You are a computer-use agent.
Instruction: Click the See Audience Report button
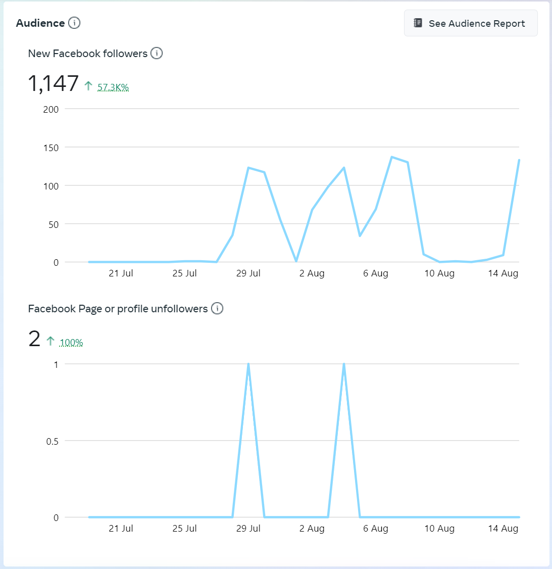(x=471, y=23)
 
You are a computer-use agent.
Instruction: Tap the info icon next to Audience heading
(x=74, y=23)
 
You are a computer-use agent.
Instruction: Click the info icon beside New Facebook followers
(x=157, y=53)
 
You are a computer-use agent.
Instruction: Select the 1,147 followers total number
(x=53, y=84)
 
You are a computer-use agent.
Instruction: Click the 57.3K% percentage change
(x=113, y=87)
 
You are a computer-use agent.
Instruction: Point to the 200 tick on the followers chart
(x=51, y=109)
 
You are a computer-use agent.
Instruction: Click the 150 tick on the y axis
(x=51, y=148)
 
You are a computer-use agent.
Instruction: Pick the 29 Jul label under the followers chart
(x=248, y=273)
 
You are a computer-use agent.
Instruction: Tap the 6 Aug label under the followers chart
(x=376, y=273)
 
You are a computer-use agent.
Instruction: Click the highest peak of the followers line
(x=391, y=157)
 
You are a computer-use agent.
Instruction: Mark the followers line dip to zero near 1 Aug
(x=296, y=261)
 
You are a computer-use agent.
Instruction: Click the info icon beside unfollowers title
(x=217, y=308)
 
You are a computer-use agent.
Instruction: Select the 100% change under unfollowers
(x=71, y=343)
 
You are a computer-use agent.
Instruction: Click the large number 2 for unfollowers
(x=34, y=339)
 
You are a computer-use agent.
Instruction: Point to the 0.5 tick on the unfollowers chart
(x=53, y=441)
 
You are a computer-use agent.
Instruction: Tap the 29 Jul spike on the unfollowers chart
(x=248, y=364)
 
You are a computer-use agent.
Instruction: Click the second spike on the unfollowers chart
(x=344, y=364)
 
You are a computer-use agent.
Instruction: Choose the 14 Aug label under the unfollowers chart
(x=503, y=529)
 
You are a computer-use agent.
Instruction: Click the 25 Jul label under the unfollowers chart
(x=185, y=529)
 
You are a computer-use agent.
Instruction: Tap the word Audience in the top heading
(x=40, y=23)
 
